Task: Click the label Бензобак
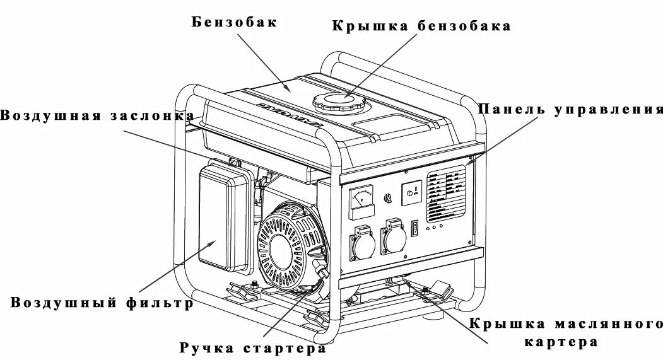click(x=235, y=23)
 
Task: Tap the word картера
click(x=560, y=344)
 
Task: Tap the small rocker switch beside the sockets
click(x=414, y=228)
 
